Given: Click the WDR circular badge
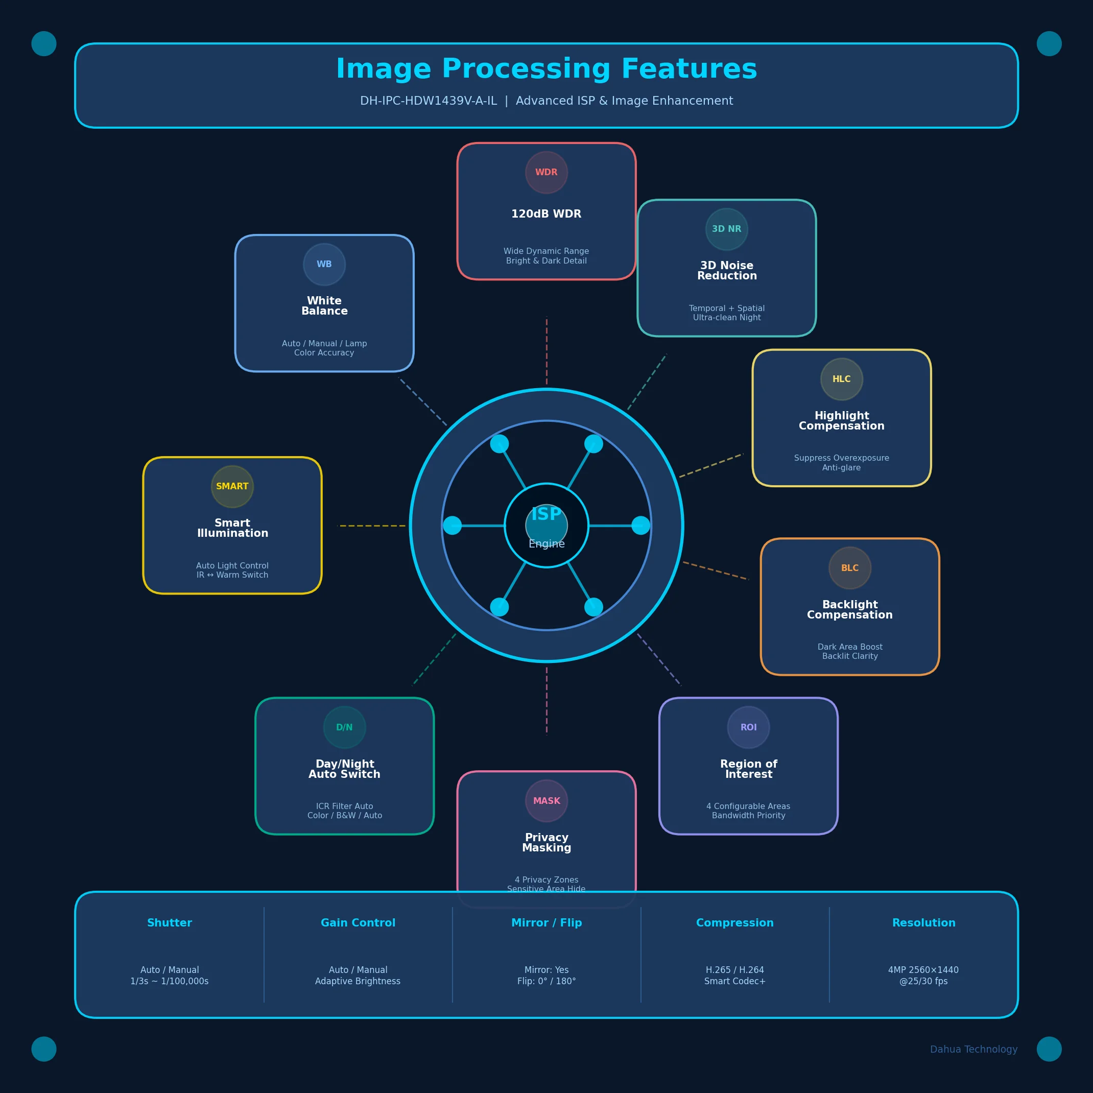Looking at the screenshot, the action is pyautogui.click(x=546, y=173).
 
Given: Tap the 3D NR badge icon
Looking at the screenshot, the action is pyautogui.click(x=727, y=229).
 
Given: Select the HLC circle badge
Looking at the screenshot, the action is pyautogui.click(x=842, y=379).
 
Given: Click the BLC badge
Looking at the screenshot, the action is pyautogui.click(x=850, y=568).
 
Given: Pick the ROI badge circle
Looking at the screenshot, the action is pyautogui.click(x=748, y=727).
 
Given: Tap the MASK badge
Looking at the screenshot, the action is pyautogui.click(x=546, y=801).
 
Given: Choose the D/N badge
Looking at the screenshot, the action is pyautogui.click(x=345, y=727).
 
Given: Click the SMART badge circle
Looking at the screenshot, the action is pyautogui.click(x=232, y=487).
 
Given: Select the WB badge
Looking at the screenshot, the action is pyautogui.click(x=324, y=264).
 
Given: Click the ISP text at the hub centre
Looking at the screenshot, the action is pyautogui.click(x=546, y=514).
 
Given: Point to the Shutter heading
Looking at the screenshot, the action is pyautogui.click(x=170, y=923).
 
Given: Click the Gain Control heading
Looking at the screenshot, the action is pyautogui.click(x=358, y=923).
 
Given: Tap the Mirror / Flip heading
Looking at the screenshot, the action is pyautogui.click(x=546, y=923).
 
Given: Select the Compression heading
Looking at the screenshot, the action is pyautogui.click(x=735, y=923).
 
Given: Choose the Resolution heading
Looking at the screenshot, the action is pyautogui.click(x=924, y=923).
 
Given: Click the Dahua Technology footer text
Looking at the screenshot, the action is pyautogui.click(x=973, y=1050).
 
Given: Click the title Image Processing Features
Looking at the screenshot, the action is pyautogui.click(x=546, y=69).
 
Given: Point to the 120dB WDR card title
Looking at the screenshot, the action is pyautogui.click(x=546, y=214).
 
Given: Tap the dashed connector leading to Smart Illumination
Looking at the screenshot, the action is pyautogui.click(x=372, y=526).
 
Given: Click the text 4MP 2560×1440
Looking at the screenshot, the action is pyautogui.click(x=924, y=970).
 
